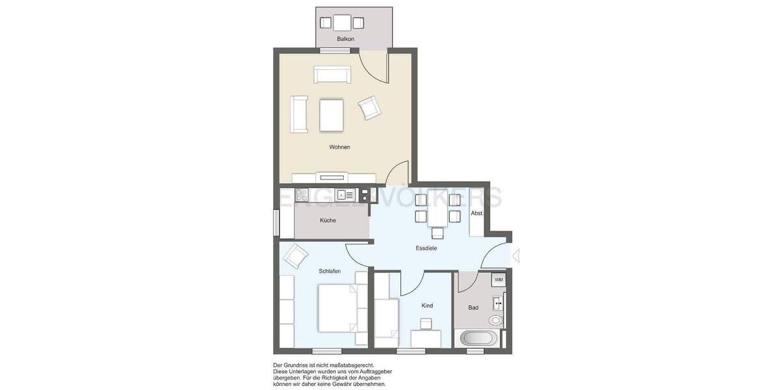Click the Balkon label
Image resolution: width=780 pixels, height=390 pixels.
(x=345, y=40)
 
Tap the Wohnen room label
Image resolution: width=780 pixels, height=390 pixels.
(x=339, y=147)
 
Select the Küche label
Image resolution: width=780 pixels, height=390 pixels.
(x=328, y=220)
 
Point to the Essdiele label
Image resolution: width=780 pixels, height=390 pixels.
(x=426, y=248)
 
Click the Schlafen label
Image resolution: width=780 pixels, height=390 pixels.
(x=330, y=271)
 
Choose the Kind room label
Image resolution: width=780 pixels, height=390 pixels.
(x=427, y=305)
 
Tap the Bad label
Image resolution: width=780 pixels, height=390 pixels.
(x=473, y=307)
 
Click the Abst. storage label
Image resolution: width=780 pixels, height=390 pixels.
(x=476, y=213)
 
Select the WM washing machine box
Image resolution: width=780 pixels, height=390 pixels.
(x=499, y=279)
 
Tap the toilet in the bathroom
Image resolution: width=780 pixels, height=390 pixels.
(x=496, y=320)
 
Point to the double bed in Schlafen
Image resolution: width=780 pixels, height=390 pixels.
(x=338, y=308)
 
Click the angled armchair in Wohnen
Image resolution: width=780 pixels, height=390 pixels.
(x=369, y=107)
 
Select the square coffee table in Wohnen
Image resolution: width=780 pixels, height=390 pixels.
(x=331, y=115)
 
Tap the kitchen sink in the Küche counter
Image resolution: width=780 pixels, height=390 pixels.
(x=346, y=194)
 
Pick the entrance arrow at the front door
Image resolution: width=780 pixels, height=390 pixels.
(x=516, y=256)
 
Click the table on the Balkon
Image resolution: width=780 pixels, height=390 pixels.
(x=342, y=23)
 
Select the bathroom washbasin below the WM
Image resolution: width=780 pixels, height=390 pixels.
(x=499, y=302)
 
